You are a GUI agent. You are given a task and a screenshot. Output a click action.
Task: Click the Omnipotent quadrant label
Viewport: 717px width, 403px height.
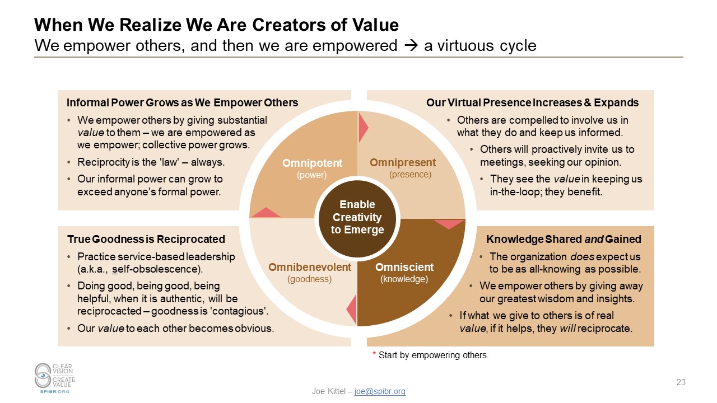pyautogui.click(x=312, y=163)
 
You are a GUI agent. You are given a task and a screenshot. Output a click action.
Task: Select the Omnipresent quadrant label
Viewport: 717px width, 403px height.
pyautogui.click(x=402, y=163)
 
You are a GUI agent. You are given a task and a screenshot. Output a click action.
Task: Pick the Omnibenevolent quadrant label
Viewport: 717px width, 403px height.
pyautogui.click(x=310, y=267)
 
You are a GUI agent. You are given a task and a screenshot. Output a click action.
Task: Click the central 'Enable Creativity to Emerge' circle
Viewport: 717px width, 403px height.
pyautogui.click(x=357, y=217)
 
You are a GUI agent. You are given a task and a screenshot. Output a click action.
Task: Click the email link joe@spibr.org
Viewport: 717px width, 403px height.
pyautogui.click(x=380, y=391)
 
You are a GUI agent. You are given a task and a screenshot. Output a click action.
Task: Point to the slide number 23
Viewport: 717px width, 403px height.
pyautogui.click(x=681, y=382)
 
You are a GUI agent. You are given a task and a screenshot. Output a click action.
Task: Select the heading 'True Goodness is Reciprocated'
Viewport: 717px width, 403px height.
pyautogui.click(x=146, y=240)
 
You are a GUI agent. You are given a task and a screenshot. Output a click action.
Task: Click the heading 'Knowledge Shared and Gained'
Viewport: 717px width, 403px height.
pyautogui.click(x=564, y=240)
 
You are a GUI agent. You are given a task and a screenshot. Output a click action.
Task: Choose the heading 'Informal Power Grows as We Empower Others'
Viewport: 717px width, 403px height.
pyautogui.click(x=182, y=103)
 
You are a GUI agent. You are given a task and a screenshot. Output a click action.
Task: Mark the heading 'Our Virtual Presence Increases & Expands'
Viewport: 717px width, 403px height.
pyautogui.click(x=532, y=103)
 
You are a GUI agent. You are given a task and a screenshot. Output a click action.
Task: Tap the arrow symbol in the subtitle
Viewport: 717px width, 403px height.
pyautogui.click(x=410, y=45)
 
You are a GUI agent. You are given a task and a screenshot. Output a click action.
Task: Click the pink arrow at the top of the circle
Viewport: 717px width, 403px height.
pyautogui.click(x=362, y=127)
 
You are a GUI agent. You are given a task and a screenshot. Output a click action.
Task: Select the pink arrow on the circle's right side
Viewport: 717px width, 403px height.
pyautogui.click(x=449, y=223)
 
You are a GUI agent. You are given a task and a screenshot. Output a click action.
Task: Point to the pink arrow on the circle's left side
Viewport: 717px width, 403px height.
pyautogui.click(x=266, y=213)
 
